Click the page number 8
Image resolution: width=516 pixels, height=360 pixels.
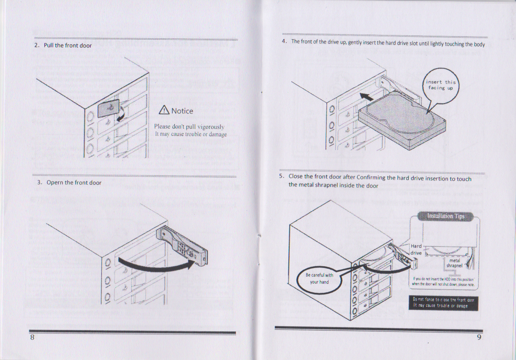click(32, 338)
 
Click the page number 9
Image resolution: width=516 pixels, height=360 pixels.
click(479, 337)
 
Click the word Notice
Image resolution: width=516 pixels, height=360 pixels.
click(182, 111)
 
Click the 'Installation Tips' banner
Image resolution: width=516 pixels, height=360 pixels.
click(445, 216)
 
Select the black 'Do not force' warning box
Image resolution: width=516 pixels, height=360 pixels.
click(443, 303)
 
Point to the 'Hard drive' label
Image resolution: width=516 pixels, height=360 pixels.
click(416, 249)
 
